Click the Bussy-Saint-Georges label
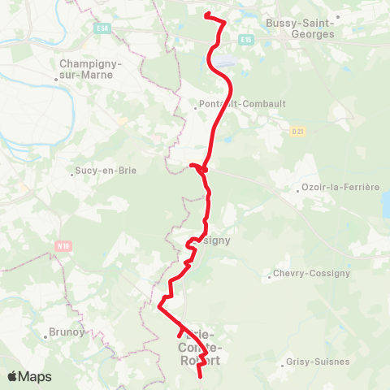coord(300,29)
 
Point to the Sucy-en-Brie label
coord(106,171)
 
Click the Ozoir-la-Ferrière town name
coord(340,187)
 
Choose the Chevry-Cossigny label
coord(312,274)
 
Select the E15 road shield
coord(246,38)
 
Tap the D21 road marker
coord(297,130)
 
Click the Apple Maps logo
coord(30,377)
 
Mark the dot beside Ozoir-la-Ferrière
coord(297,191)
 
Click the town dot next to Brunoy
coord(45,336)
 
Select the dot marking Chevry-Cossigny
coord(269,278)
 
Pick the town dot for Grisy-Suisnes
coord(284,365)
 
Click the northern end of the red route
coord(206,15)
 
